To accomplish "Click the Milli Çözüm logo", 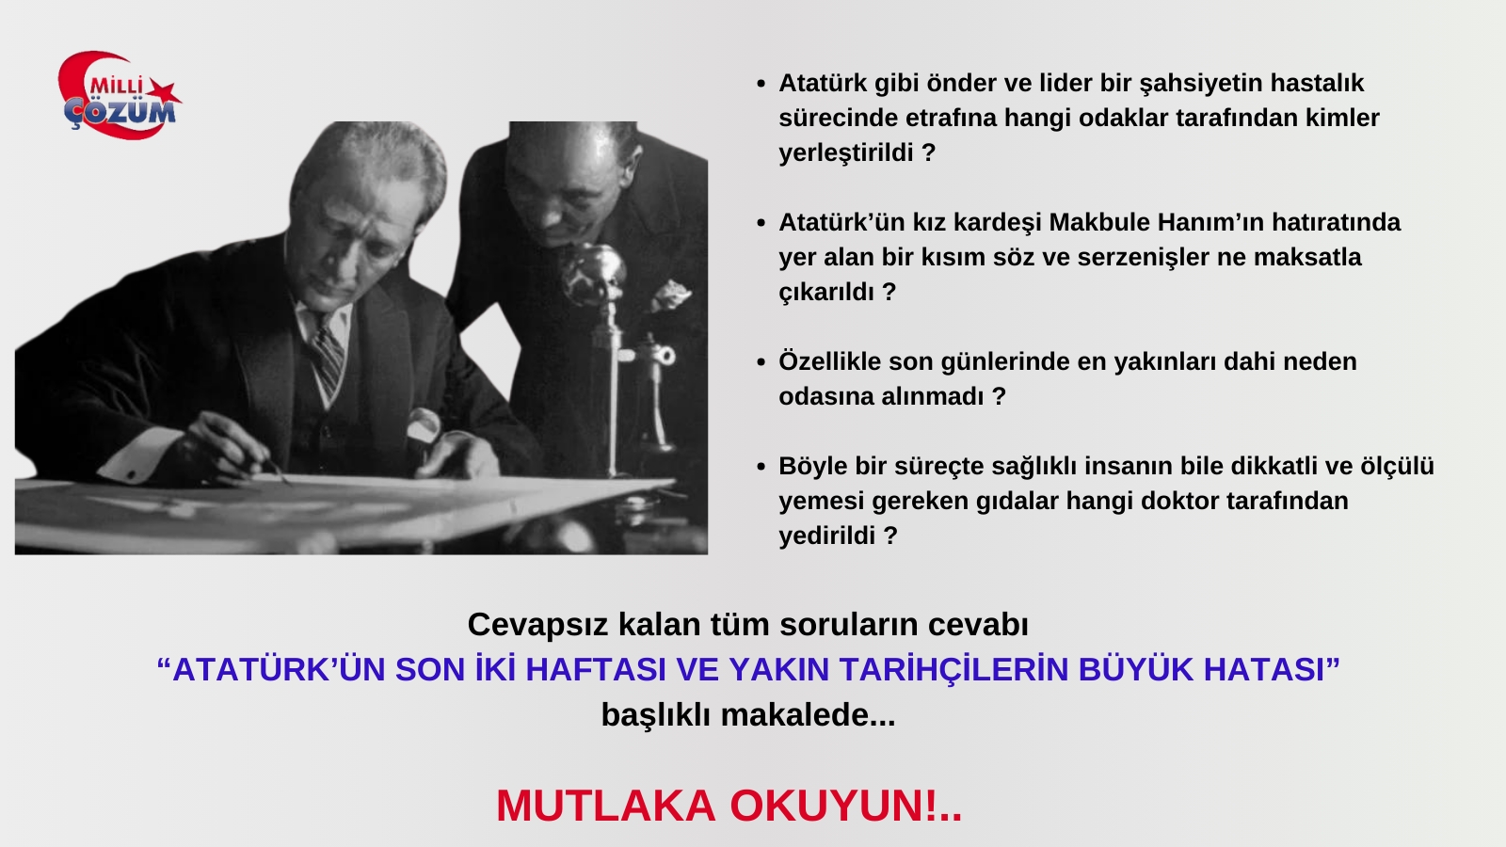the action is [119, 95].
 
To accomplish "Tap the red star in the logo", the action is [164, 93].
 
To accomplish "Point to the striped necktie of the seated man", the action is [328, 357].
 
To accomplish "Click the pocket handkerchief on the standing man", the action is [671, 296].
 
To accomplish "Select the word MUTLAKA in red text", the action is [606, 806].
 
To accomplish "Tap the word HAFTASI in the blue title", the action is [596, 669].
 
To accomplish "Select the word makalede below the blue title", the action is [800, 714].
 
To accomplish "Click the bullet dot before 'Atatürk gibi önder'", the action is [761, 84].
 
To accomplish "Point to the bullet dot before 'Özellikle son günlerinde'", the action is [761, 362].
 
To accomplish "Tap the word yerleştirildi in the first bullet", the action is [846, 153].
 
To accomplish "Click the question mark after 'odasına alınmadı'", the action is [999, 396].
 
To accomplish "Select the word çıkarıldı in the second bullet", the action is [826, 293].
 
